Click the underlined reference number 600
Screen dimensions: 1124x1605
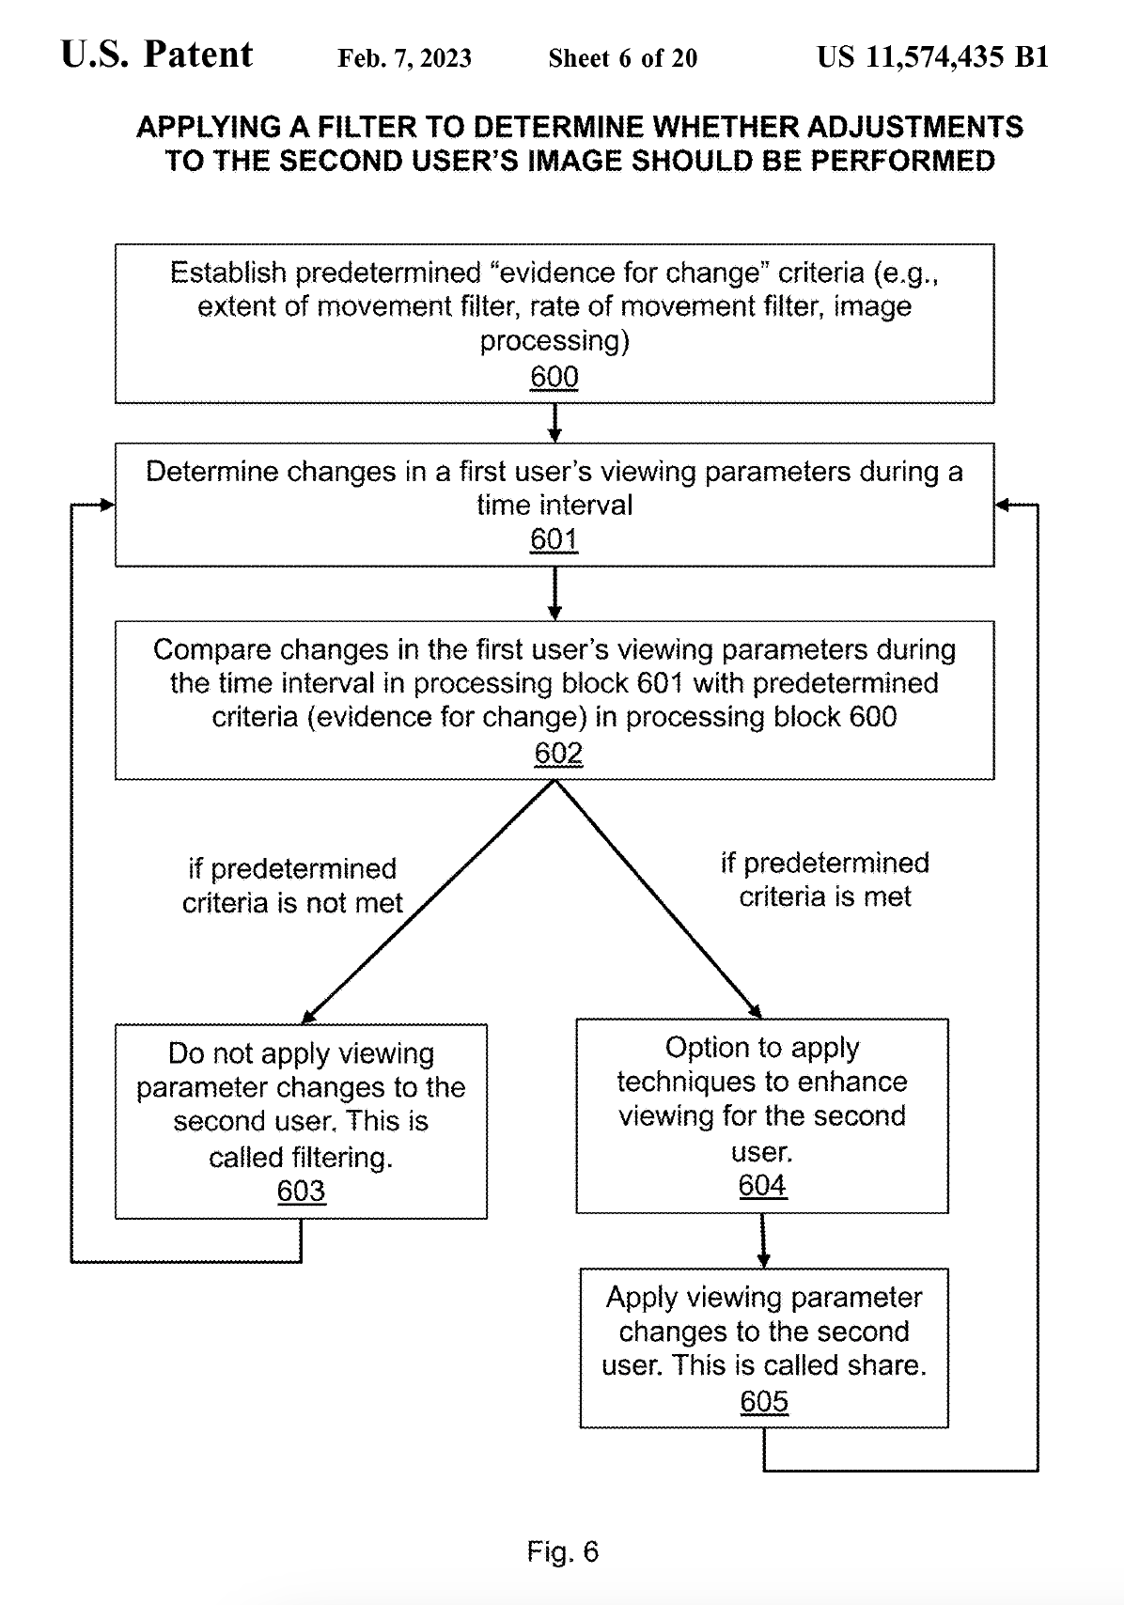pos(554,377)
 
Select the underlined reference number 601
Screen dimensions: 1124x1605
pos(554,538)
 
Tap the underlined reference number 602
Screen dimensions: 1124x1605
pos(558,753)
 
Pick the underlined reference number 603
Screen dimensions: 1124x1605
pos(301,1191)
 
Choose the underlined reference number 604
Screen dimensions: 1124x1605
pos(762,1185)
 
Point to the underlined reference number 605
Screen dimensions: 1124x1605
pos(764,1401)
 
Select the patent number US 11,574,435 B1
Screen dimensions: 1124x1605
pos(932,56)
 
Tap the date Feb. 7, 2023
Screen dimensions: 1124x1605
pos(404,58)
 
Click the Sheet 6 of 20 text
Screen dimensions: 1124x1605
pos(622,58)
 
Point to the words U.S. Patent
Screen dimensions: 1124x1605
pos(157,55)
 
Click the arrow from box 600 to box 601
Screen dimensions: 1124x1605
pos(554,423)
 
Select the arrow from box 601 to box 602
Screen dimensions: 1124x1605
pos(554,593)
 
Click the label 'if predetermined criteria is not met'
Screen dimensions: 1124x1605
pos(292,885)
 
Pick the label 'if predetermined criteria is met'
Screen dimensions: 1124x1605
pos(824,880)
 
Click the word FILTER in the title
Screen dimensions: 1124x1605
pos(367,127)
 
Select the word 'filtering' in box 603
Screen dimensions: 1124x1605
pos(342,1157)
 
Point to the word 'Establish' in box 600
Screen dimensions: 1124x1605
pos(228,273)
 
